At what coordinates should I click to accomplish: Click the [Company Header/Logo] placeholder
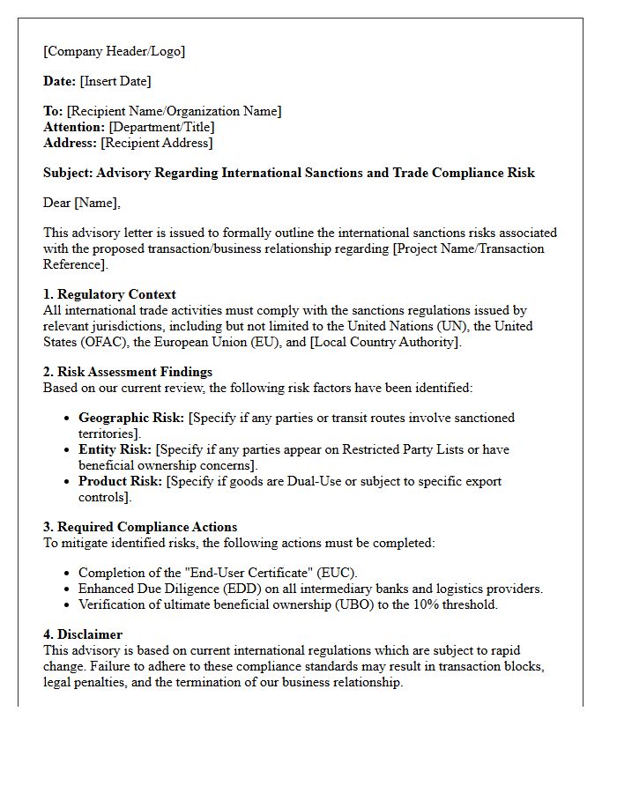click(115, 51)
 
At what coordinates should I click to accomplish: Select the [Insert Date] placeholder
click(115, 81)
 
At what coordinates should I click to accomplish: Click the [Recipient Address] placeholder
click(156, 143)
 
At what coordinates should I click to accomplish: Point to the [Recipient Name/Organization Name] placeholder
click(174, 111)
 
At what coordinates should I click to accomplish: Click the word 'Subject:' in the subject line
click(68, 173)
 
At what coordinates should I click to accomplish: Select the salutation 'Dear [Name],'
click(82, 203)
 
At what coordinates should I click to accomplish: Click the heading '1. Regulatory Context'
click(109, 294)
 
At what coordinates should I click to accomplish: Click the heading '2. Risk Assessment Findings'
click(128, 372)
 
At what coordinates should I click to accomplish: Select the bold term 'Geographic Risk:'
click(131, 418)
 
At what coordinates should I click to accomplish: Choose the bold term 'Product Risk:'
click(120, 481)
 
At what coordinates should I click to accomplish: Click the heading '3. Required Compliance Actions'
click(140, 527)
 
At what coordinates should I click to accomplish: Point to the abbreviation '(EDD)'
click(227, 589)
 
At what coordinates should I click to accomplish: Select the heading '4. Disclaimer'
click(83, 634)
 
